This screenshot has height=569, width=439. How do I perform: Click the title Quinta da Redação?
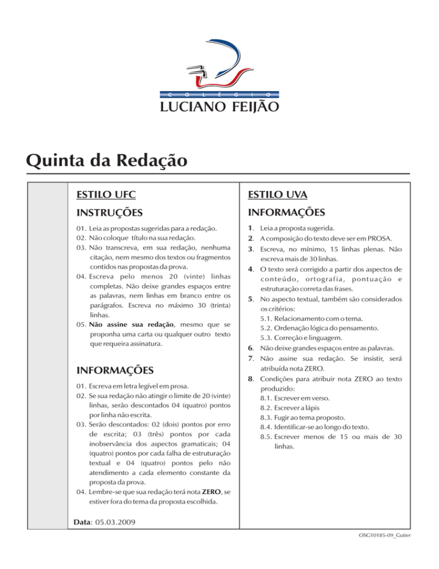(x=106, y=159)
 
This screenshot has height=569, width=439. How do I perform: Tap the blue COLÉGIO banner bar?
(x=219, y=92)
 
